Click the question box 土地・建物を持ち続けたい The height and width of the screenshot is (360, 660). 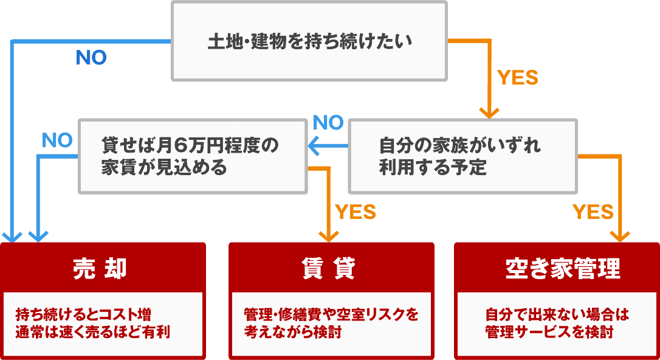point(309,41)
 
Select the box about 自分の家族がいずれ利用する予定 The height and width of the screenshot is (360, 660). point(462,156)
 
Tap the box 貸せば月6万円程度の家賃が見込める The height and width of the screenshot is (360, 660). point(192,156)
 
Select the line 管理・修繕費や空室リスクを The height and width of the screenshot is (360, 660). point(331,315)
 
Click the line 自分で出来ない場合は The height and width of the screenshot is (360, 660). point(557,315)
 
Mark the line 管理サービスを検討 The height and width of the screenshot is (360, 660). point(549,333)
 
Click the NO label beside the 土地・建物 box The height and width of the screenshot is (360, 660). point(91,58)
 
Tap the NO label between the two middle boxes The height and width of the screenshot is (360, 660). point(328,123)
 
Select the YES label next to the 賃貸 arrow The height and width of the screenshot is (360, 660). point(356,212)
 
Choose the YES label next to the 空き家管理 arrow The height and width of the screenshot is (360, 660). point(593,212)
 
